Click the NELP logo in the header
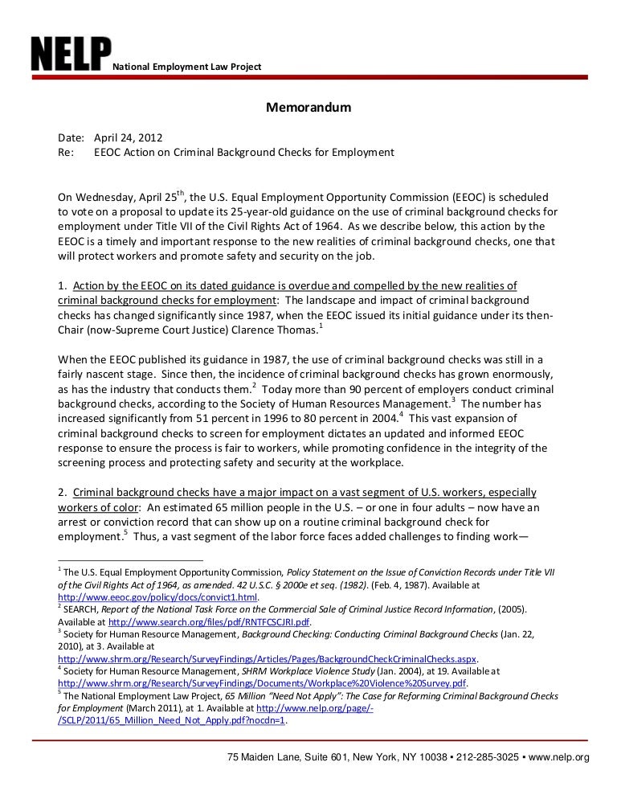[x=71, y=54]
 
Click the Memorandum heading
[x=308, y=107]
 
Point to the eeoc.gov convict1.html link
[x=158, y=599]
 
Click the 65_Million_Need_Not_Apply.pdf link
[x=171, y=720]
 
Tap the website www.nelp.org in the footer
[x=559, y=756]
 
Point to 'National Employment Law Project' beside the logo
[x=186, y=65]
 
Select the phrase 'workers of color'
[x=96, y=507]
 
